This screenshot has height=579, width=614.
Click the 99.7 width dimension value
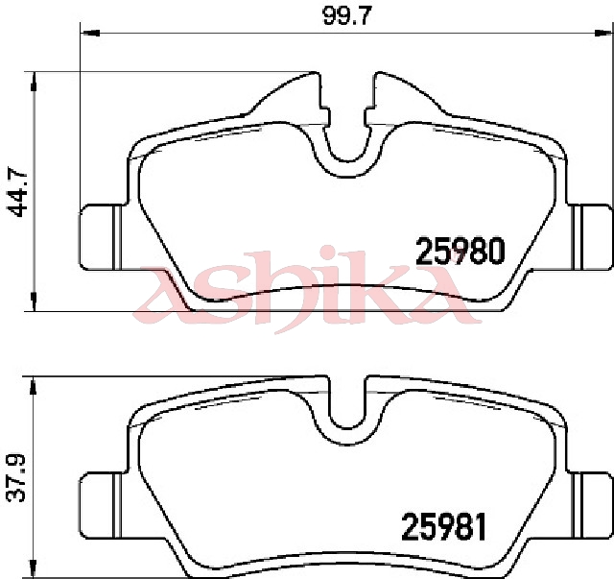click(x=345, y=16)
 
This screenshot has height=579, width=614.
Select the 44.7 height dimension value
click(x=17, y=192)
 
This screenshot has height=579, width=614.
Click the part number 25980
click(x=460, y=252)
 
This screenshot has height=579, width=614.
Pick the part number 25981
click(x=443, y=527)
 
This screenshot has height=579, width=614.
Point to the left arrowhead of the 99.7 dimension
click(x=90, y=34)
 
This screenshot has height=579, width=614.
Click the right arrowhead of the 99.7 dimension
click(x=603, y=34)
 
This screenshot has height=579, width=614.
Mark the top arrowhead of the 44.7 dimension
click(x=35, y=82)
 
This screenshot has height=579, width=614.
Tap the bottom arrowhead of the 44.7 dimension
click(x=35, y=302)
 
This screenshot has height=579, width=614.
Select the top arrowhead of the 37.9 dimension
click(x=34, y=387)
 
